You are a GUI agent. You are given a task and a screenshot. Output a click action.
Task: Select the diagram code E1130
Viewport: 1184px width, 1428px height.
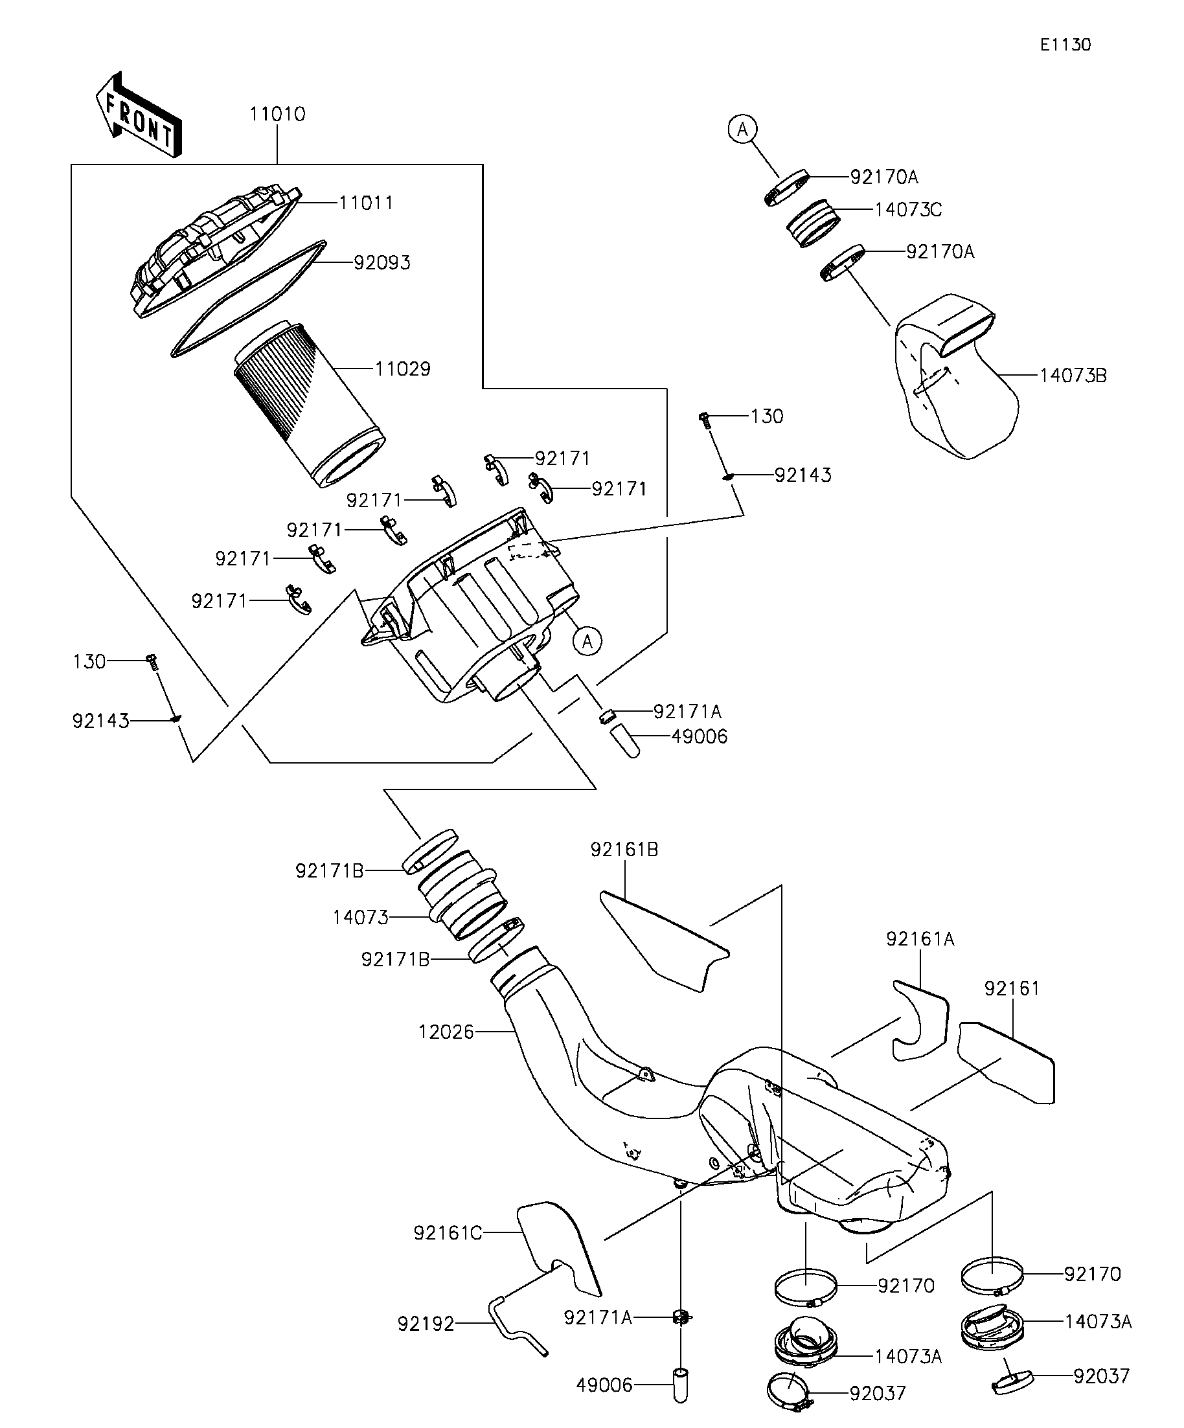(1065, 45)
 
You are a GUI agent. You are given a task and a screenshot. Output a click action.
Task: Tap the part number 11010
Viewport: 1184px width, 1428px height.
(277, 114)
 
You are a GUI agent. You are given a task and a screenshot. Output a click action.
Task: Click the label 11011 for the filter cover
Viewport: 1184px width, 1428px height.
(366, 203)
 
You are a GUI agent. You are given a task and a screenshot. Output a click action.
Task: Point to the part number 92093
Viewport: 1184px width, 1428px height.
(382, 263)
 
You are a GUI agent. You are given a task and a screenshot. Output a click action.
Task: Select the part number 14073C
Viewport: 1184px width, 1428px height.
(908, 210)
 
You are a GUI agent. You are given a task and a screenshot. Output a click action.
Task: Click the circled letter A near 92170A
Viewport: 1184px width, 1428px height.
(743, 128)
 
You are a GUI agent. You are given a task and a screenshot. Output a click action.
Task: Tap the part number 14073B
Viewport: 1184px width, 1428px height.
(1073, 376)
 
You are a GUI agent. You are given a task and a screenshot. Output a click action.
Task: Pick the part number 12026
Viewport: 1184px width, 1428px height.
(446, 1032)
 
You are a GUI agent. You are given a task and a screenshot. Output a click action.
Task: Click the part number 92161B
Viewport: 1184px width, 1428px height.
(624, 850)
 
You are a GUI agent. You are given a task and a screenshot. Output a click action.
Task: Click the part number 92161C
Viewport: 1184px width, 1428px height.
(448, 1233)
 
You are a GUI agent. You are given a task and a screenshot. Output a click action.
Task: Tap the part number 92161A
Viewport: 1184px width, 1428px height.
(920, 939)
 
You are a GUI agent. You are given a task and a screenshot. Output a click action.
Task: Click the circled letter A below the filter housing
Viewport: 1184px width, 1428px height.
(587, 640)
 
